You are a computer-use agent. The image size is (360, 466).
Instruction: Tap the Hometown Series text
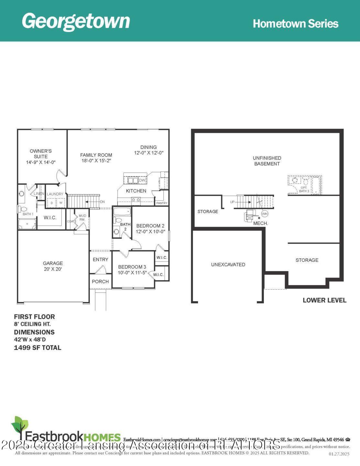(295, 24)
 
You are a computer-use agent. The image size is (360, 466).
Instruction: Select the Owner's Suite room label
(41, 154)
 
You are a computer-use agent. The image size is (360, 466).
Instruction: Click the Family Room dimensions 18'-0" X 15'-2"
(96, 161)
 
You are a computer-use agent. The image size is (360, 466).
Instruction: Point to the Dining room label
(148, 147)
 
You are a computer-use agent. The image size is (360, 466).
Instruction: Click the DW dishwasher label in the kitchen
(142, 180)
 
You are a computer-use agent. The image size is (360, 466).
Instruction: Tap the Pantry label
(162, 203)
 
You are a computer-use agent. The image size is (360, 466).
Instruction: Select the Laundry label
(55, 194)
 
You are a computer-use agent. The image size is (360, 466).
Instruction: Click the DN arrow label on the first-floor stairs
(102, 202)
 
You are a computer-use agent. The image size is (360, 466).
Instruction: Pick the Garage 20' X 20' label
(53, 266)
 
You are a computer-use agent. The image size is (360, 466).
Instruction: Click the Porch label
(100, 282)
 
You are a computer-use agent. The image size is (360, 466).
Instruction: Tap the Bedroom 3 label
(132, 267)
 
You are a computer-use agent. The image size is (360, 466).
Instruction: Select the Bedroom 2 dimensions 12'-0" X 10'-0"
(150, 232)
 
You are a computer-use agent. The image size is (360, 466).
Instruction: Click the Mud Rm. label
(82, 217)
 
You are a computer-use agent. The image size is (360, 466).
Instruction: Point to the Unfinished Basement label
(267, 161)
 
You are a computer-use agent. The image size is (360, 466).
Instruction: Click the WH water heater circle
(265, 214)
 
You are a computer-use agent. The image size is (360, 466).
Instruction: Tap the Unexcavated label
(228, 265)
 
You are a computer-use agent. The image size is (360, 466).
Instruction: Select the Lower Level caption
(324, 300)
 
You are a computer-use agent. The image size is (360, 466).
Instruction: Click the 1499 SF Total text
(38, 348)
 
